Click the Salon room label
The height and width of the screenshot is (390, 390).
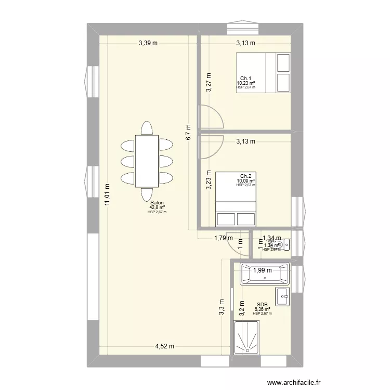(157, 203)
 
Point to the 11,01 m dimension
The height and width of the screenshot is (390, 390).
(107, 195)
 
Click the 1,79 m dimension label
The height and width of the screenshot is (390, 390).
(224, 239)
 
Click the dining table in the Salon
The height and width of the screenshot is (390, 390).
(147, 161)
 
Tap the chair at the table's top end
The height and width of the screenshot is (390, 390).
(147, 128)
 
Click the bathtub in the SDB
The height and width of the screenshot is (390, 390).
(264, 274)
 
